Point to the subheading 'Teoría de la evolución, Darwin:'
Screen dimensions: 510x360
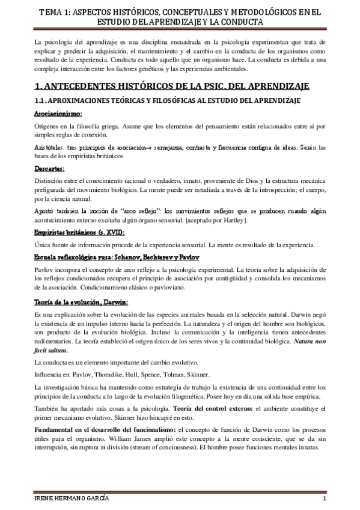[x=76, y=302]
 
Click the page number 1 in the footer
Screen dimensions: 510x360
[x=323, y=500]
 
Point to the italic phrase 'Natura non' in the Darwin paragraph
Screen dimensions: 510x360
[x=308, y=342]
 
